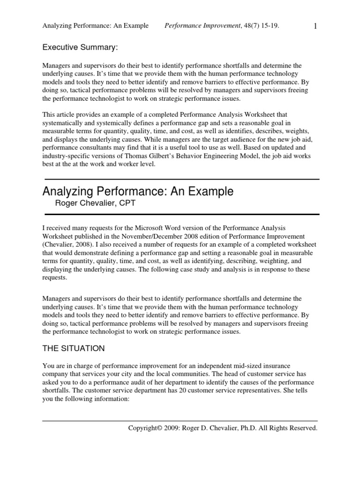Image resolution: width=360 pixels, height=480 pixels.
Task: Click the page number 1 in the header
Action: coord(315,26)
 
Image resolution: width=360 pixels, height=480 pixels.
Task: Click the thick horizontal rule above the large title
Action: coord(181,179)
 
